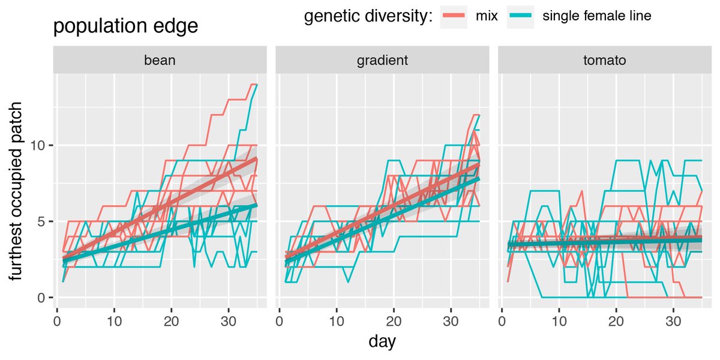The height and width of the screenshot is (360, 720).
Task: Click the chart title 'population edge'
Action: [125, 26]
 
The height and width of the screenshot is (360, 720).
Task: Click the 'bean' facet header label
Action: [160, 60]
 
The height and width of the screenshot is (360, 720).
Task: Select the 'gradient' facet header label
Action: [382, 60]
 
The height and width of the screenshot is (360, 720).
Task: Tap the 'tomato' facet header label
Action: [604, 60]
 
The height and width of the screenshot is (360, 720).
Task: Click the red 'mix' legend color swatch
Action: [454, 16]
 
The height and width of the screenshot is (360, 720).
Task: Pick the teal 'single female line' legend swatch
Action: [520, 16]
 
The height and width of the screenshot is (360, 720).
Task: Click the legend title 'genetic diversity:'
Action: [368, 16]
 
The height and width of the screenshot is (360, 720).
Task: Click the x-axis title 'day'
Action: [382, 342]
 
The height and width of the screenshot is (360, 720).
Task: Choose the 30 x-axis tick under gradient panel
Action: [451, 315]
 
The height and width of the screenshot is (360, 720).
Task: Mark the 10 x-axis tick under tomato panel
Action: [559, 315]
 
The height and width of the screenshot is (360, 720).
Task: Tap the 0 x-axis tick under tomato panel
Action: [502, 315]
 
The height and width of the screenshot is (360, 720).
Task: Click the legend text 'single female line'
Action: [596, 16]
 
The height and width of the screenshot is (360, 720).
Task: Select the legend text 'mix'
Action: [487, 16]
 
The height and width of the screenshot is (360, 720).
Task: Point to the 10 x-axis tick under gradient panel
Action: [337, 315]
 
